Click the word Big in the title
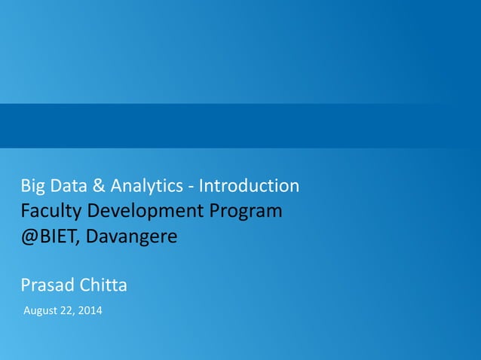click(x=32, y=185)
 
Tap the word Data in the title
click(x=66, y=185)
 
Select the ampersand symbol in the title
click(x=95, y=185)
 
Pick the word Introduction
click(x=248, y=185)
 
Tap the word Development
click(x=138, y=212)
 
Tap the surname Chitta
click(x=102, y=285)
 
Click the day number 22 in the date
click(x=69, y=311)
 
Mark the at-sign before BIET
click(x=28, y=237)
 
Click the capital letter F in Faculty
click(x=25, y=211)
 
